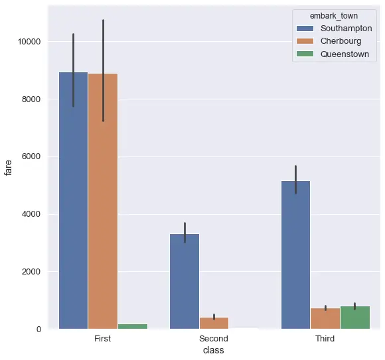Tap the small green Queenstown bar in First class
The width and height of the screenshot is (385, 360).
pos(132,326)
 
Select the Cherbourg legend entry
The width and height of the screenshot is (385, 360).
pos(341,41)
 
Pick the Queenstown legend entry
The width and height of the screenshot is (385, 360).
pos(344,54)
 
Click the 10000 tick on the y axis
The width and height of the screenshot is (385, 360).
pos(30,41)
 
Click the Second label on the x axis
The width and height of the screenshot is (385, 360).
pos(214,339)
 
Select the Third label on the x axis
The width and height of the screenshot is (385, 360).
pos(325,339)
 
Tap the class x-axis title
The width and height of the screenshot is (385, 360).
pos(214,351)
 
